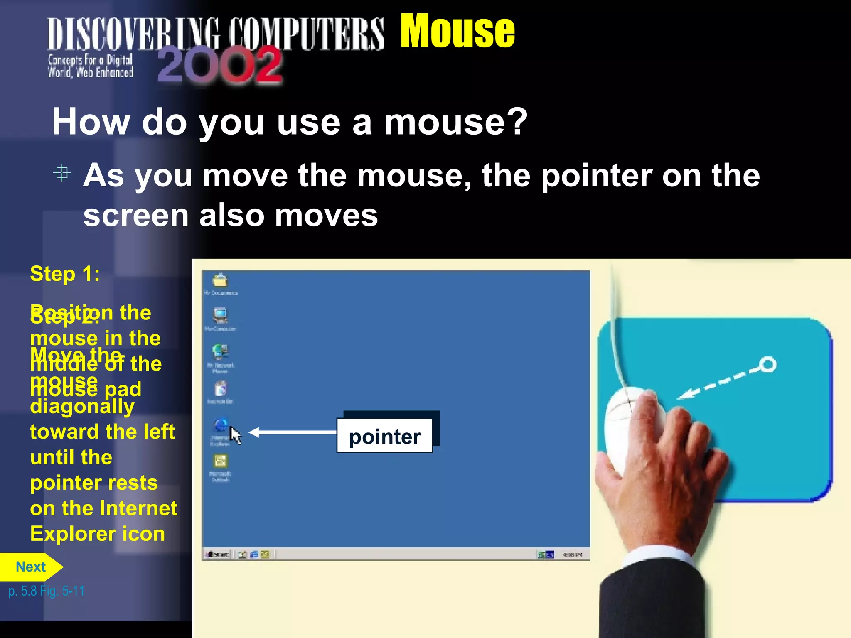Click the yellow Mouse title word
(x=457, y=31)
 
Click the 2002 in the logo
(x=219, y=65)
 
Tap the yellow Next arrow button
(x=31, y=567)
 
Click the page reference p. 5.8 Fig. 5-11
(x=47, y=591)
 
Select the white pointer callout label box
(x=384, y=436)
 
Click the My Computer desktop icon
(x=220, y=316)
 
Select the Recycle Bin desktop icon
(x=220, y=390)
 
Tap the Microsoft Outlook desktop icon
(x=220, y=462)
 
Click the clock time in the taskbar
(x=572, y=555)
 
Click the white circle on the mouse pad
(x=767, y=364)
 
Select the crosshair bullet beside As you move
(x=62, y=173)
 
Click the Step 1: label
(x=65, y=274)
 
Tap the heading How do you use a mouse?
(x=289, y=122)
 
